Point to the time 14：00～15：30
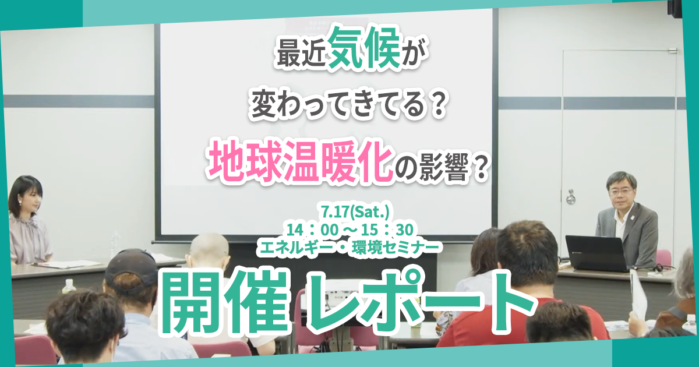350,230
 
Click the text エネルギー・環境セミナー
351,248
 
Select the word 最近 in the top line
301,55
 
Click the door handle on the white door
570,197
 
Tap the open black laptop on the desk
596,253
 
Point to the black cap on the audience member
131,266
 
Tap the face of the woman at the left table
31,200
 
